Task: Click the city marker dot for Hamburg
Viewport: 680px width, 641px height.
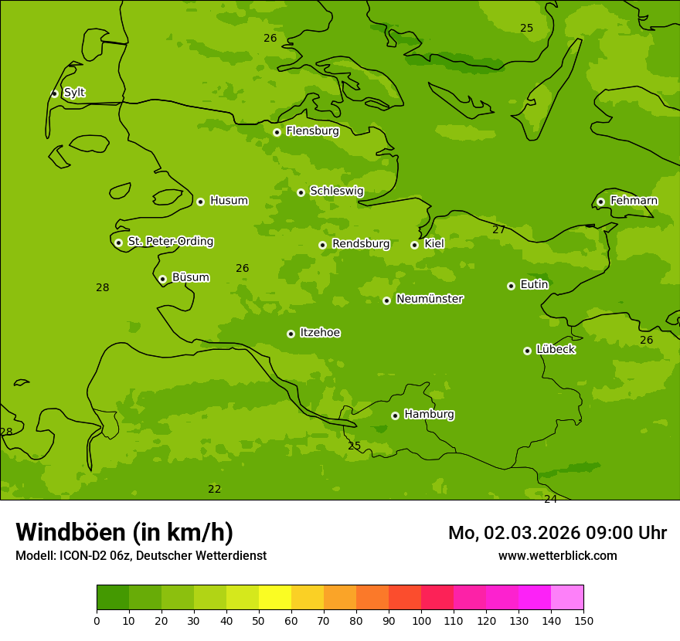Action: click(395, 415)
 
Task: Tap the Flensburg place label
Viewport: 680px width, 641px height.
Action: click(312, 131)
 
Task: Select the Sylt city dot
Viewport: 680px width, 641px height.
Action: click(54, 93)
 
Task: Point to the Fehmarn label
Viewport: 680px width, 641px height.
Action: click(634, 201)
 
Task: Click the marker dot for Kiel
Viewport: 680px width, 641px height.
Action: click(414, 245)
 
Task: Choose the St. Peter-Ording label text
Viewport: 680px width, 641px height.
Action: click(170, 242)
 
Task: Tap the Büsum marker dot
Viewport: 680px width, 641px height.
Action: click(162, 279)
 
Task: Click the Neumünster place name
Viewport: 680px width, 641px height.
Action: click(429, 299)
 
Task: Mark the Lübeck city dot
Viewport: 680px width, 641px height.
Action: click(527, 351)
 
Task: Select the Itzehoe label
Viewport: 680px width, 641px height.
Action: click(320, 333)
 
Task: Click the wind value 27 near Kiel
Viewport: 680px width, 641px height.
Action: click(499, 229)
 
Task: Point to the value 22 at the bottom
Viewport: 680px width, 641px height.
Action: click(215, 489)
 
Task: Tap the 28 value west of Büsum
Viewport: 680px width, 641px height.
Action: click(102, 288)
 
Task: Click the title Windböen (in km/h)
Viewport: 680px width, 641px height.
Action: click(124, 532)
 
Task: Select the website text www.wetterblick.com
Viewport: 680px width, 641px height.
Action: click(557, 556)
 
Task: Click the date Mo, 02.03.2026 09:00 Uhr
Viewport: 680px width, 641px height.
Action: click(557, 533)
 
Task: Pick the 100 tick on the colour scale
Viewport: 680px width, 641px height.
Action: click(421, 620)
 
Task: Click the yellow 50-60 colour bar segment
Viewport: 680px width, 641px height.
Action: click(275, 598)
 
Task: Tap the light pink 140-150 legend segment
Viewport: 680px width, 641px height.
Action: click(567, 598)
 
